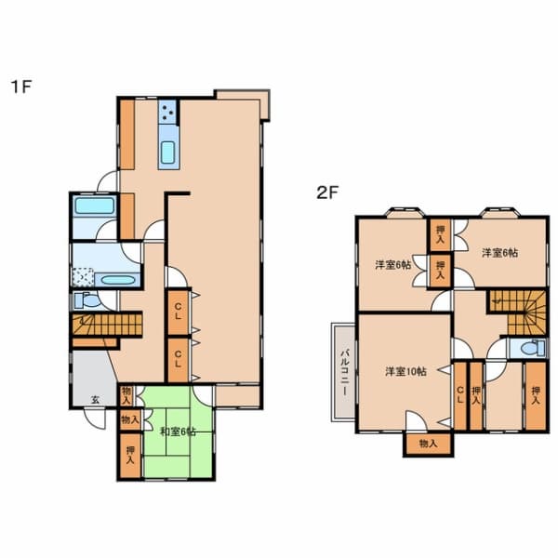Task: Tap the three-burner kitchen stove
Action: [x=168, y=114]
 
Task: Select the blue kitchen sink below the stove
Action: [x=169, y=152]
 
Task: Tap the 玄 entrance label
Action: [x=95, y=398]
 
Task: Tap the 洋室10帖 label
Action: [x=405, y=371]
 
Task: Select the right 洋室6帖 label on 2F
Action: [x=499, y=252]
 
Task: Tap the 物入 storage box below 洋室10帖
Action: [x=426, y=445]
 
